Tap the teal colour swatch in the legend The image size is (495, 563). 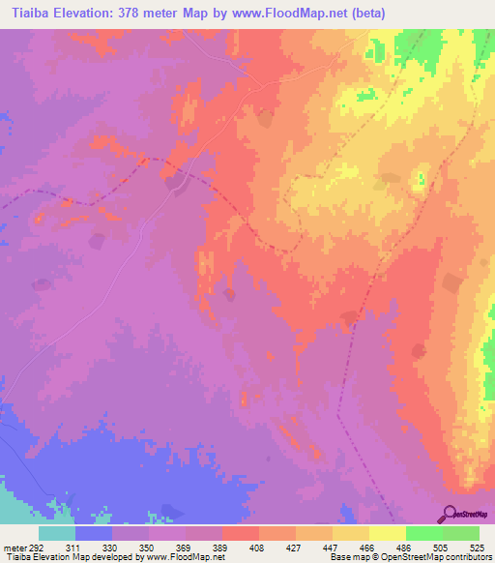tap(57, 533)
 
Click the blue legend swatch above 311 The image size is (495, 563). tap(94, 533)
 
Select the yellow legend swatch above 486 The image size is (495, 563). tap(388, 533)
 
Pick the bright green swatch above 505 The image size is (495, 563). tap(424, 533)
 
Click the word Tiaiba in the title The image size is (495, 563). tap(26, 13)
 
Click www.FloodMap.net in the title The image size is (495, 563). tap(303, 13)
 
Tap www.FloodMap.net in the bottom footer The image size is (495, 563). tap(184, 557)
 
